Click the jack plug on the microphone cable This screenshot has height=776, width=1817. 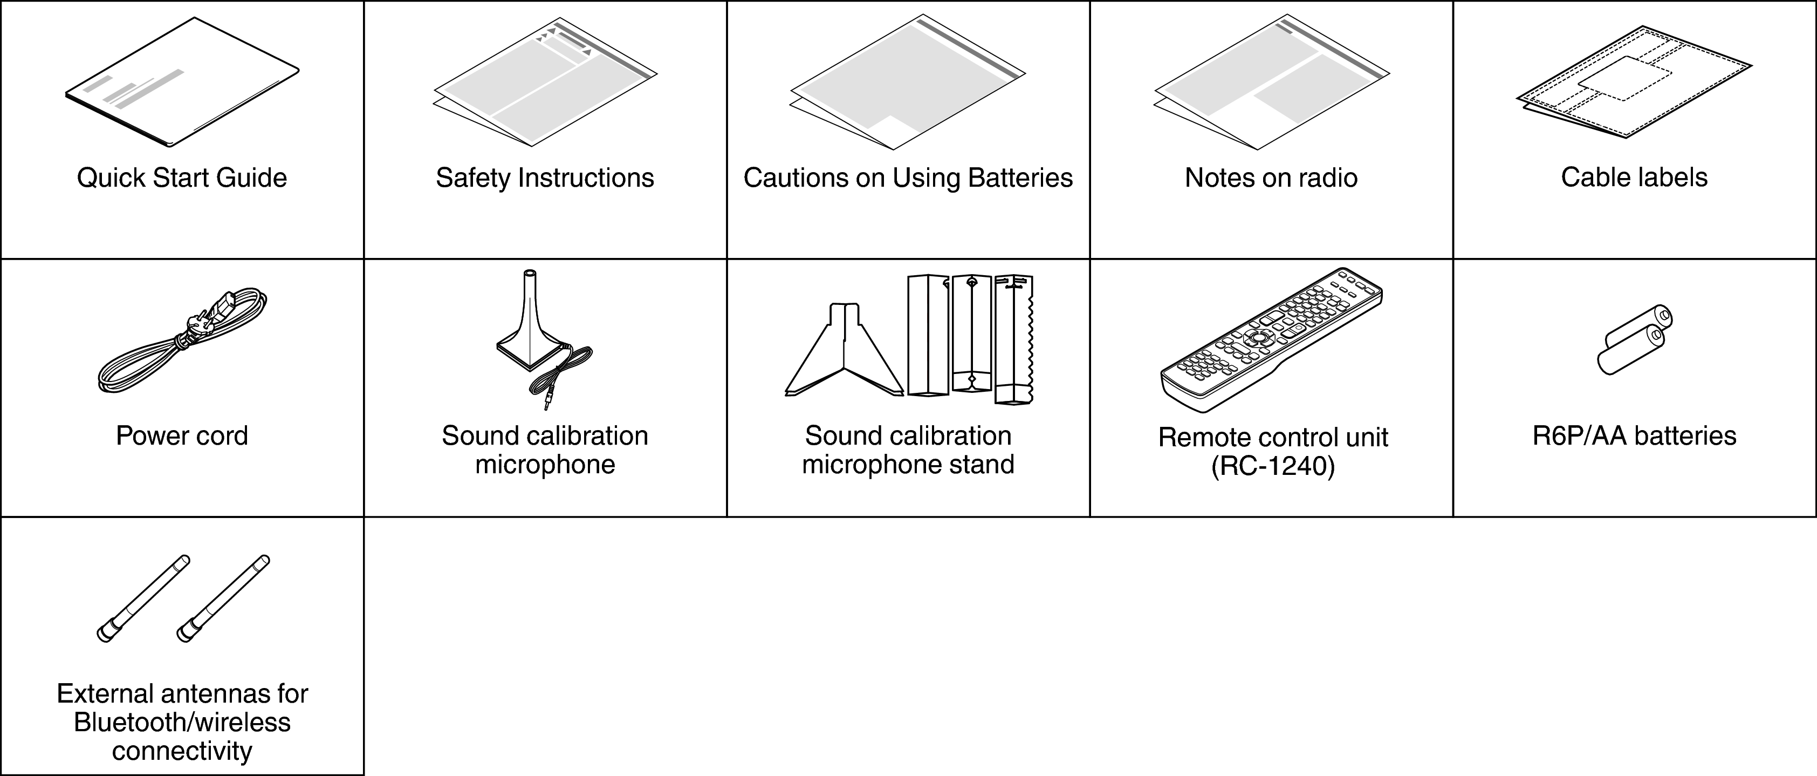(x=547, y=404)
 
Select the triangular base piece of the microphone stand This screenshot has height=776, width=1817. (x=844, y=353)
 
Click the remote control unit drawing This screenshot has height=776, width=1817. (x=1271, y=338)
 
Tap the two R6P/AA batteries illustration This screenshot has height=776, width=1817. (x=1634, y=338)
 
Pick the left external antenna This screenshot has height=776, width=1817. (x=143, y=598)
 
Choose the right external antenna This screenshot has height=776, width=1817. (x=223, y=598)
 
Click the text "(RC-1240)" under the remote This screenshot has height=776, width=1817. (x=1272, y=467)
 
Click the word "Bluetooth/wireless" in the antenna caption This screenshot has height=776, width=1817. (x=182, y=723)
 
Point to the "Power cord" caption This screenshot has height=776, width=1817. (x=182, y=436)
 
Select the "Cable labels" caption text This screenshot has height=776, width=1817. (x=1634, y=177)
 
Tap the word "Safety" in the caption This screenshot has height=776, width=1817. (x=472, y=178)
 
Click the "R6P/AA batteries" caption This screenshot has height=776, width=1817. (x=1634, y=436)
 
